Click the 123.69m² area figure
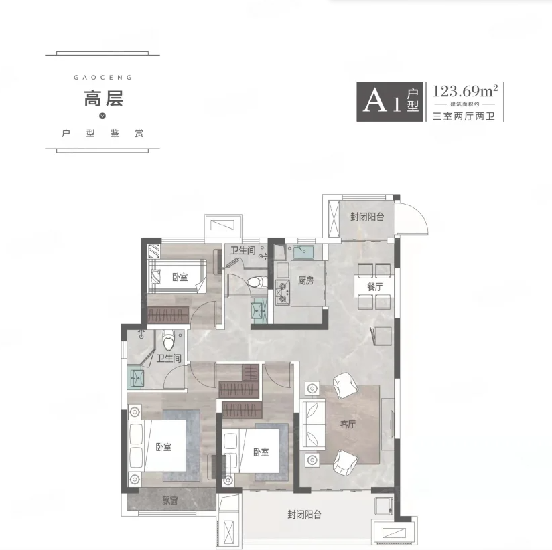pyautogui.click(x=465, y=92)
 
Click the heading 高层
pyautogui.click(x=103, y=99)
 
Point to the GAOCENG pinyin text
pyautogui.click(x=102, y=78)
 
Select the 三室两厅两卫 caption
pyautogui.click(x=464, y=116)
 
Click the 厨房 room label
pyautogui.click(x=305, y=280)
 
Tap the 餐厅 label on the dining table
pyautogui.click(x=374, y=286)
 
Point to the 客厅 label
pyautogui.click(x=348, y=424)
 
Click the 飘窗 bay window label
pyautogui.click(x=169, y=500)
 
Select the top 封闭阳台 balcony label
pyautogui.click(x=367, y=217)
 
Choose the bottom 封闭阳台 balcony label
pyautogui.click(x=305, y=515)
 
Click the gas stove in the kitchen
pyautogui.click(x=282, y=292)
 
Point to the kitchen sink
pyautogui.click(x=303, y=252)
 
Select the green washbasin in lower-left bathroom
pyautogui.click(x=135, y=376)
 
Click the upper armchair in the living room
pyautogui.click(x=345, y=386)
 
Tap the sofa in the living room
pyautogui.click(x=313, y=424)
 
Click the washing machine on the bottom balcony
pyautogui.click(x=384, y=506)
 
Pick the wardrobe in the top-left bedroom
pyautogui.click(x=168, y=314)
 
